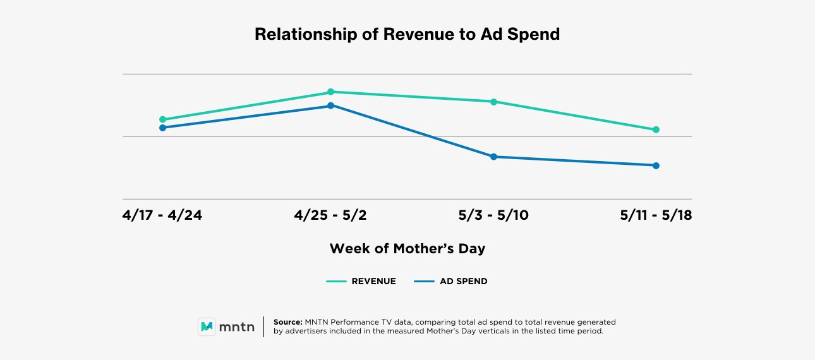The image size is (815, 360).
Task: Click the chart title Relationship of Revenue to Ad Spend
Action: point(407,34)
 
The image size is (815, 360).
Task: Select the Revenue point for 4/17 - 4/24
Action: point(162,119)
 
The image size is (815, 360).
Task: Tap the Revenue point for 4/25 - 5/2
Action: point(330,92)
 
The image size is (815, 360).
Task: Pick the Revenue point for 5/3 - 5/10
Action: point(493,102)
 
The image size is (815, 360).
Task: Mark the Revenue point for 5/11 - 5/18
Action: point(656,129)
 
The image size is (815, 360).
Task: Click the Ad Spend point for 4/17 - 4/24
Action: point(162,128)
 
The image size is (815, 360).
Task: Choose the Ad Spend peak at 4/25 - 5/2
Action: point(330,105)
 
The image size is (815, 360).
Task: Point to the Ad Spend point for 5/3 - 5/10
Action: point(493,157)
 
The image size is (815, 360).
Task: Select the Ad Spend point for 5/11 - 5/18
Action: point(656,165)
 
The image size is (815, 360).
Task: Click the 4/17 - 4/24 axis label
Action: point(162,216)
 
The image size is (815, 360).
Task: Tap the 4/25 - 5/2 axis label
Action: point(330,216)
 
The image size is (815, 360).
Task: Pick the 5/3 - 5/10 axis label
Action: point(493,216)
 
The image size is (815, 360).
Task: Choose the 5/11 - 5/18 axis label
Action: point(656,216)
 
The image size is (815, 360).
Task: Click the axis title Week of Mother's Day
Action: point(407,249)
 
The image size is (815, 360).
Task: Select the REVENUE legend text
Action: point(373,282)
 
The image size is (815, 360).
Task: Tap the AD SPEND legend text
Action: point(463,282)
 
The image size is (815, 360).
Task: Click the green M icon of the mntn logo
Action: point(207,327)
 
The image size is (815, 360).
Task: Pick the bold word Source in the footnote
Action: point(288,322)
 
